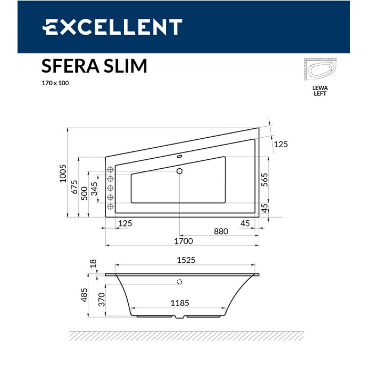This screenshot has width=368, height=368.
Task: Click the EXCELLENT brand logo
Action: pyautogui.click(x=112, y=27)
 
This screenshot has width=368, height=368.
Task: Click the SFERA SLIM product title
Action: pyautogui.click(x=94, y=66)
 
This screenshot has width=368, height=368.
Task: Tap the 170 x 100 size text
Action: pyautogui.click(x=55, y=83)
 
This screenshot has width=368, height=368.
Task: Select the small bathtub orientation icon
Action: pyautogui.click(x=320, y=69)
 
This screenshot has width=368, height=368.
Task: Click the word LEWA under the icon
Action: pyautogui.click(x=320, y=88)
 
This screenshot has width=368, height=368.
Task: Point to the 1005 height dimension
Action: pyautogui.click(x=63, y=173)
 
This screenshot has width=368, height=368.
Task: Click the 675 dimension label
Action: pyautogui.click(x=74, y=187)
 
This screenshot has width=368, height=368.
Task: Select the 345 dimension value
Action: pyautogui.click(x=94, y=189)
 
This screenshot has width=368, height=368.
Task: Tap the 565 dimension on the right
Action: pyautogui.click(x=264, y=180)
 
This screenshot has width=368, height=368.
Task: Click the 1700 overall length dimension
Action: pyautogui.click(x=183, y=241)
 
